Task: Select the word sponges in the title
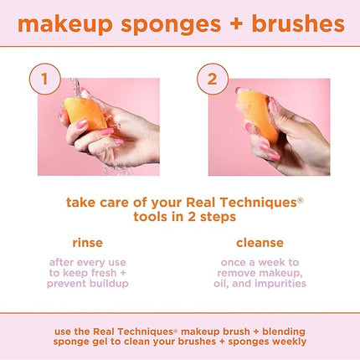168,24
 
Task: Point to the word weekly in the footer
285,341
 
